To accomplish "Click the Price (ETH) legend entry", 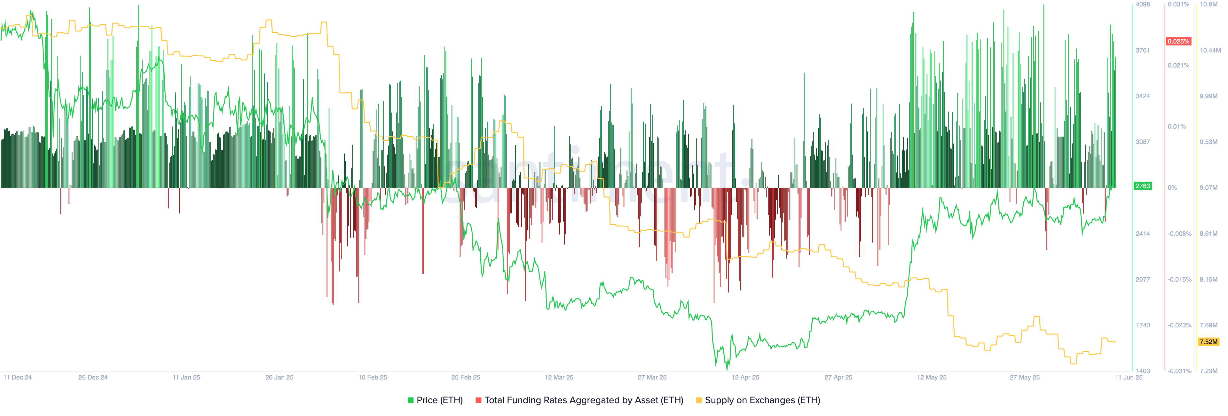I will (435, 400).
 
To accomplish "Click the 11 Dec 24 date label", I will (18, 377).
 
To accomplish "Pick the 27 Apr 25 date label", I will (838, 377).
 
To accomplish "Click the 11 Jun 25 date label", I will (1128, 377).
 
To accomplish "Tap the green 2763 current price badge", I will (1142, 186).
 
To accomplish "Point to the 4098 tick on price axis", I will (1143, 4).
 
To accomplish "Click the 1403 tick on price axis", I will (1143, 371).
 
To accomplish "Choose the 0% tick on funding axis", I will (1172, 188).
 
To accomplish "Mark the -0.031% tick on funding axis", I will (1179, 371).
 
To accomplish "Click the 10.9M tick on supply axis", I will (1208, 4).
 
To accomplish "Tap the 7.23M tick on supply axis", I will (1208, 371).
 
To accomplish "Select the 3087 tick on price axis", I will (1143, 142).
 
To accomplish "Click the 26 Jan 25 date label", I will (279, 377).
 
